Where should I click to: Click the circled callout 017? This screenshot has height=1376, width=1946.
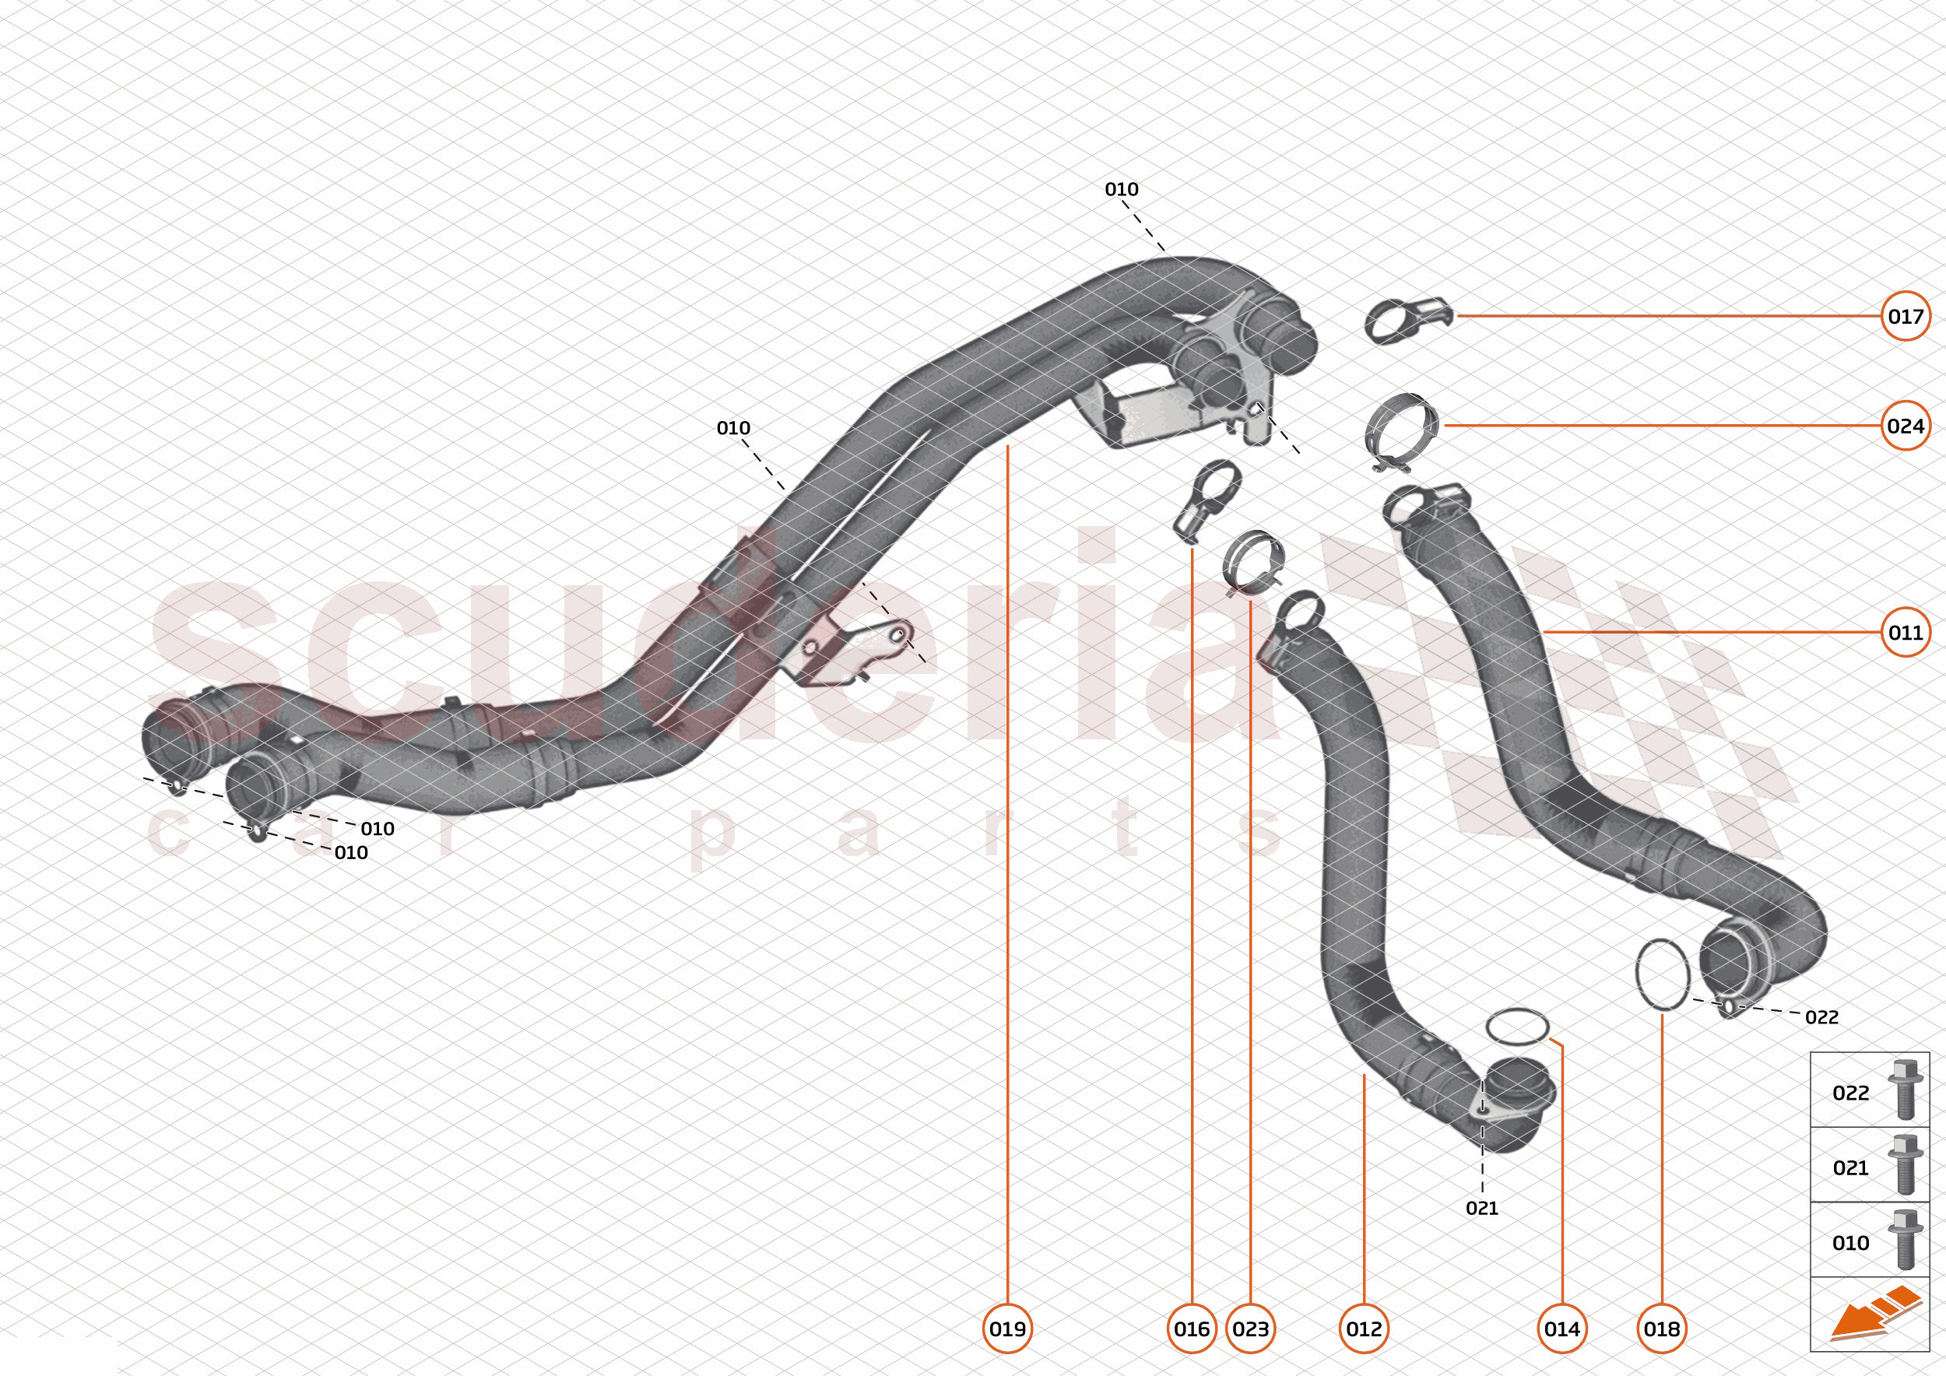[1906, 316]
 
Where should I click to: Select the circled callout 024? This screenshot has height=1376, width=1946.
[1906, 426]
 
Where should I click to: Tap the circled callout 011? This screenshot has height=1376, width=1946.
[1906, 632]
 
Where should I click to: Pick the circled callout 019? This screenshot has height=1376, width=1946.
[1007, 1329]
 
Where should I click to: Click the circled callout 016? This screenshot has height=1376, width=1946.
[1192, 1329]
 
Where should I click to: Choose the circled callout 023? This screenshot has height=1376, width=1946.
[1250, 1329]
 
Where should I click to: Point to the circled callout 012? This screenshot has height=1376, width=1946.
[1364, 1329]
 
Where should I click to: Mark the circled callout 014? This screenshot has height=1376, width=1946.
[1562, 1329]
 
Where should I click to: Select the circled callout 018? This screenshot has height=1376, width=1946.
[1661, 1329]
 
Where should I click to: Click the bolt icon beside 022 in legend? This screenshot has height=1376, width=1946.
[1905, 1090]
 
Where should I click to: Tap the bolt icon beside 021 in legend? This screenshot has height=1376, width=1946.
[1905, 1165]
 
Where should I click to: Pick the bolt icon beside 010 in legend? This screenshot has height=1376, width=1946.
[1905, 1240]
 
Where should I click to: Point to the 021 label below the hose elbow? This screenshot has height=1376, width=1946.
[1481, 1208]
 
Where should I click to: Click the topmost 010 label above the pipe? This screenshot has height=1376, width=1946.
[1122, 189]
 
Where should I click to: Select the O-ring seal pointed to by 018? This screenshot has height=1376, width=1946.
[1662, 974]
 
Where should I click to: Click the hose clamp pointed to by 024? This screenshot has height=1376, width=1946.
[1402, 432]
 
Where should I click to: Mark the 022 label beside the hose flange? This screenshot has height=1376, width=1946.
[1821, 1016]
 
